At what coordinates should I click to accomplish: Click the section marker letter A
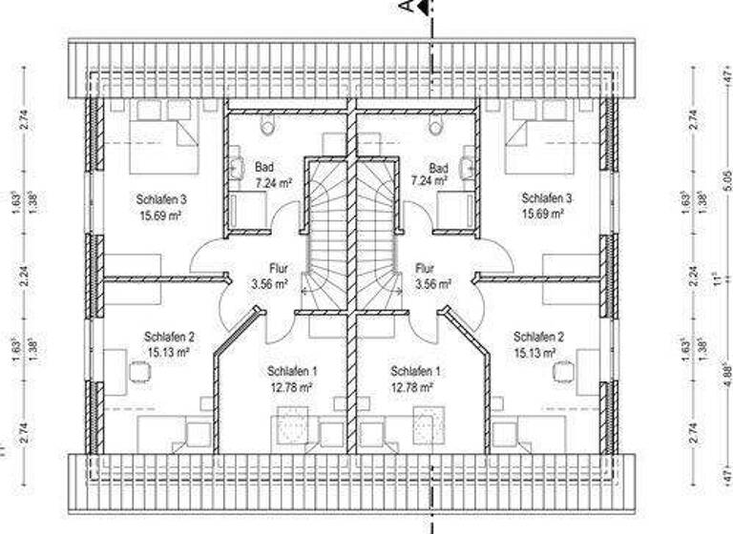pos(405,7)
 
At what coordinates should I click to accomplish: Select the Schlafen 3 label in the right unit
pos(546,198)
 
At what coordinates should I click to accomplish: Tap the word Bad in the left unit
pos(262,164)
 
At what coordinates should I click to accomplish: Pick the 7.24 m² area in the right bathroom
pos(429,179)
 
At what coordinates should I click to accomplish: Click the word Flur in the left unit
pos(262,268)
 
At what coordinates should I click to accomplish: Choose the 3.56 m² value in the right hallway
pos(432,283)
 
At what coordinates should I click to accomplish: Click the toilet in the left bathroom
pos(266,125)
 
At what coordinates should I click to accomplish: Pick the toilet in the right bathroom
pos(436,125)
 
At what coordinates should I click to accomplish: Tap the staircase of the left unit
pos(325,238)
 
